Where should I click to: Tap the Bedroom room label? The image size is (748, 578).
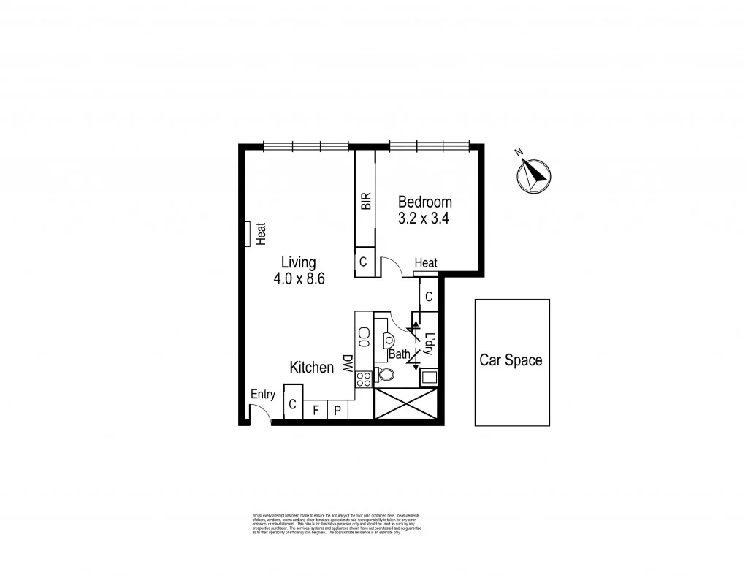[424, 202]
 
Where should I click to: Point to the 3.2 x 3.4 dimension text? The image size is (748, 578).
[424, 218]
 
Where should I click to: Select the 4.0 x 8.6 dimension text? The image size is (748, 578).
[299, 278]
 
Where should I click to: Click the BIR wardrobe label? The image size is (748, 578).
[366, 201]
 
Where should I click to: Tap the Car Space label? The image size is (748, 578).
[511, 360]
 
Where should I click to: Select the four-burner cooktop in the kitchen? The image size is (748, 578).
[364, 379]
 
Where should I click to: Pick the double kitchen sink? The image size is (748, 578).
[364, 337]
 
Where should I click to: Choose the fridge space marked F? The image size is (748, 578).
[316, 411]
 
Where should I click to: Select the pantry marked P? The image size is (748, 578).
[337, 411]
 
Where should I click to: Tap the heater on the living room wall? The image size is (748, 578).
[249, 234]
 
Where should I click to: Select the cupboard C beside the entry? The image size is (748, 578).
[292, 405]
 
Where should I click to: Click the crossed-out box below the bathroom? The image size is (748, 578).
[405, 403]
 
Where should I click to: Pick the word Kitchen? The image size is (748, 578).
[311, 368]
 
